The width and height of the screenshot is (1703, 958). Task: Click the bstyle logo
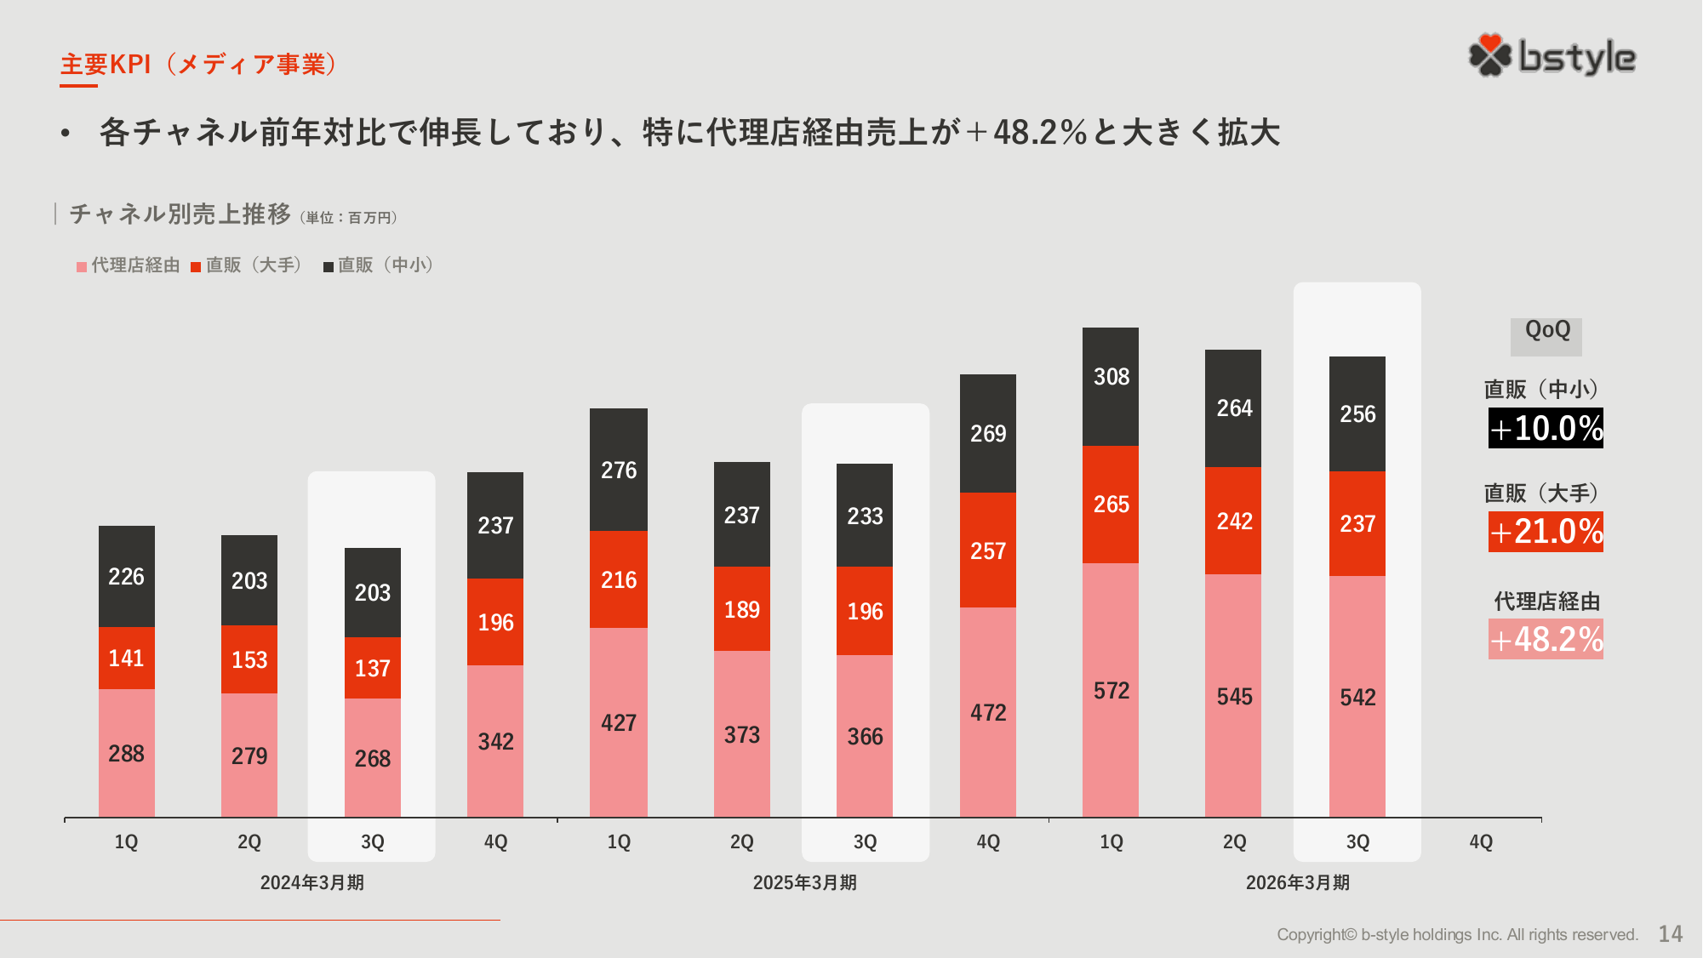(x=1552, y=56)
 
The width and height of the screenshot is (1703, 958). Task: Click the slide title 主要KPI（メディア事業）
(x=198, y=65)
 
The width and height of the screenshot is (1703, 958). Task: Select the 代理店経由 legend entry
(x=129, y=265)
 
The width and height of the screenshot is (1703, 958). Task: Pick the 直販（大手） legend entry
(x=247, y=265)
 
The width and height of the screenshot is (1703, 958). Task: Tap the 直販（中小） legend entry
(x=379, y=265)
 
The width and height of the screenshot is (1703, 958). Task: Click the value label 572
(x=1111, y=691)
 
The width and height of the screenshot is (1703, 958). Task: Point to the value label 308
(x=1111, y=377)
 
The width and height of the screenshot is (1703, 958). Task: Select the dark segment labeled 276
(x=619, y=470)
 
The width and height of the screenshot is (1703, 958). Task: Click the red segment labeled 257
(x=988, y=550)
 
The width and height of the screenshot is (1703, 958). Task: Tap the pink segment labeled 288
(x=127, y=753)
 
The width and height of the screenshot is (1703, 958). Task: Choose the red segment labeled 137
(x=373, y=668)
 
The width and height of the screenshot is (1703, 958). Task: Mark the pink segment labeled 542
(x=1357, y=697)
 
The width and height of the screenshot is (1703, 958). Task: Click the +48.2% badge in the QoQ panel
(x=1546, y=639)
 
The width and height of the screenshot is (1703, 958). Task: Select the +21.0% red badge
(x=1546, y=532)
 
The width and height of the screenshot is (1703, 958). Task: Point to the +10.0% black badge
(x=1546, y=428)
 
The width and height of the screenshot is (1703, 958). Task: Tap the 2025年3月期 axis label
(x=804, y=882)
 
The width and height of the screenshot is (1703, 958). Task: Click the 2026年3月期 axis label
(x=1297, y=882)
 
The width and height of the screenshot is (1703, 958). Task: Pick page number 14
(x=1670, y=934)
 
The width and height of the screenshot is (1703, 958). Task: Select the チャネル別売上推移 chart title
(x=180, y=214)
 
